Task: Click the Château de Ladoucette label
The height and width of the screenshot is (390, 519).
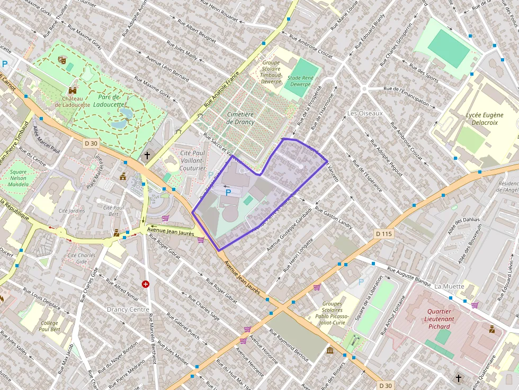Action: point(73,102)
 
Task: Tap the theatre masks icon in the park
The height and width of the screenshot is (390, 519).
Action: point(62,60)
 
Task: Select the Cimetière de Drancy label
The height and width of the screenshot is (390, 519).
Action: point(240,118)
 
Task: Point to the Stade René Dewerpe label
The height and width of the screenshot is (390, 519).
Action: point(299,80)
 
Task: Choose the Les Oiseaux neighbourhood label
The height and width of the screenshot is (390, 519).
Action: point(364,113)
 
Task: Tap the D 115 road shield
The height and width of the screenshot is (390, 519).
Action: point(384,233)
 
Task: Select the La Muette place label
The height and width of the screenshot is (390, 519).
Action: point(449,286)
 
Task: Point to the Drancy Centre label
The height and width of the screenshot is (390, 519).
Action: point(128,309)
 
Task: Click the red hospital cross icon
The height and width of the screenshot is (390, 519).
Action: point(145,284)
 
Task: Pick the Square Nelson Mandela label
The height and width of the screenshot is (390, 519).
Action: point(19,178)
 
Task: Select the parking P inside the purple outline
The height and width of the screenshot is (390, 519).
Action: point(228,193)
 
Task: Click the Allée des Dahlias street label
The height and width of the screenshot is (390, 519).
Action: point(463,220)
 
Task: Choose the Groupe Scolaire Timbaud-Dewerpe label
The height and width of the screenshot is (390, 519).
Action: point(271,72)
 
